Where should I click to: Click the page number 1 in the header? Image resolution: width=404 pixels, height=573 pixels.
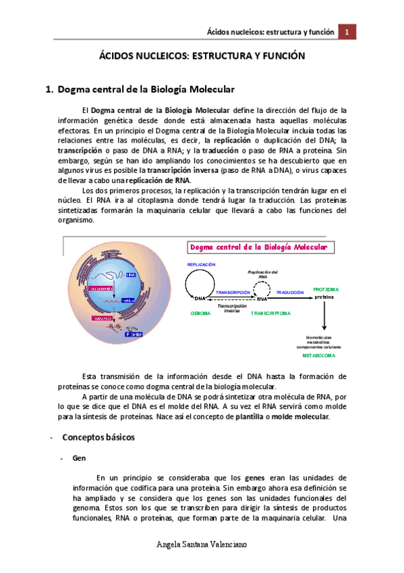[347, 32]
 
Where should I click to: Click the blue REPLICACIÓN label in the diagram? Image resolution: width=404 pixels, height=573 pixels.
[201, 264]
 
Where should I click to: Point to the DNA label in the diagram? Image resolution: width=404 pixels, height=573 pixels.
[200, 298]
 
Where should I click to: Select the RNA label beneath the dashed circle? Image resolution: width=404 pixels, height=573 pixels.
[262, 298]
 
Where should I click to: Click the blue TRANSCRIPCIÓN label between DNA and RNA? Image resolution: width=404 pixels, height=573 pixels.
[233, 292]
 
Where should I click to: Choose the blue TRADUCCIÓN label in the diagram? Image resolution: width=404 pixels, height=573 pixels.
[290, 292]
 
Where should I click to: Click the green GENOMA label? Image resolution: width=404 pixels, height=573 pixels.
[200, 314]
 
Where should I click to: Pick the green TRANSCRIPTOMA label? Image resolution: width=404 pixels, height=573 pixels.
[270, 314]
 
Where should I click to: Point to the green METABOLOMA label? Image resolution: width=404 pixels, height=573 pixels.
[318, 355]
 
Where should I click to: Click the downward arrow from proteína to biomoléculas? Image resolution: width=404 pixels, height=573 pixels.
[325, 316]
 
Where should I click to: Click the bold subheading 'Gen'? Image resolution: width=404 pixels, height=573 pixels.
[78, 457]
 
